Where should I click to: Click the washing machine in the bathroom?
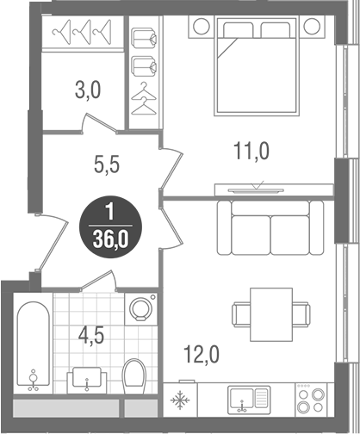(138, 308)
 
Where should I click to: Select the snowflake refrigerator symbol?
(182, 400)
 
